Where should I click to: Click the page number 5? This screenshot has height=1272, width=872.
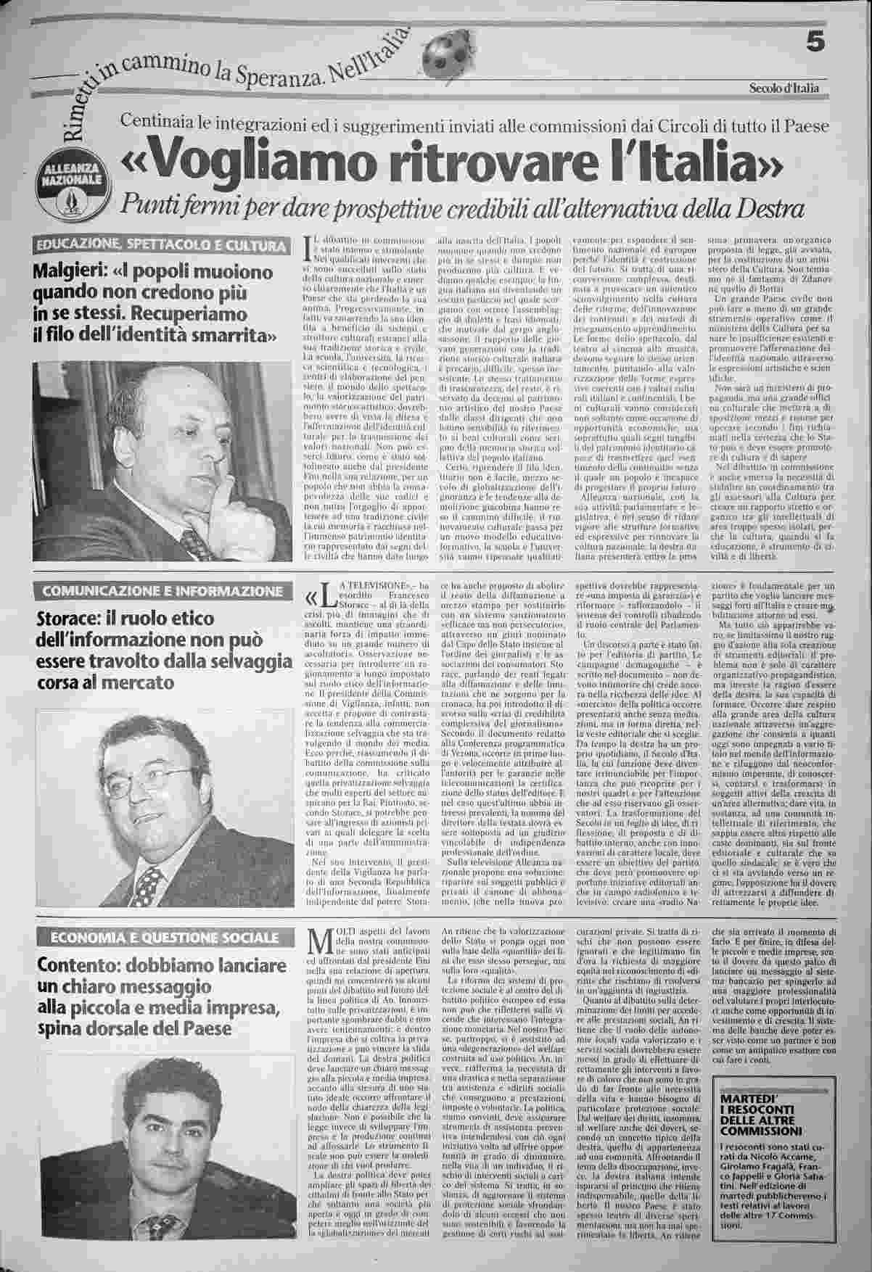click(x=815, y=44)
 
